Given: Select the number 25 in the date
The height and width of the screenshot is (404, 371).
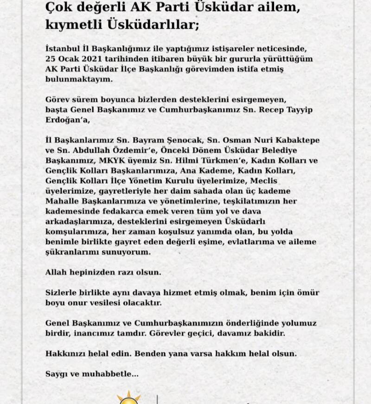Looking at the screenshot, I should [x=51, y=59].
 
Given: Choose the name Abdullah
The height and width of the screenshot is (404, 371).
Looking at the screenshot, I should [x=91, y=150].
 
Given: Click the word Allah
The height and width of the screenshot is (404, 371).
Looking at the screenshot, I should [x=56, y=272].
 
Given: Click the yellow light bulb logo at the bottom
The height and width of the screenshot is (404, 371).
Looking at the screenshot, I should [x=128, y=398].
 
